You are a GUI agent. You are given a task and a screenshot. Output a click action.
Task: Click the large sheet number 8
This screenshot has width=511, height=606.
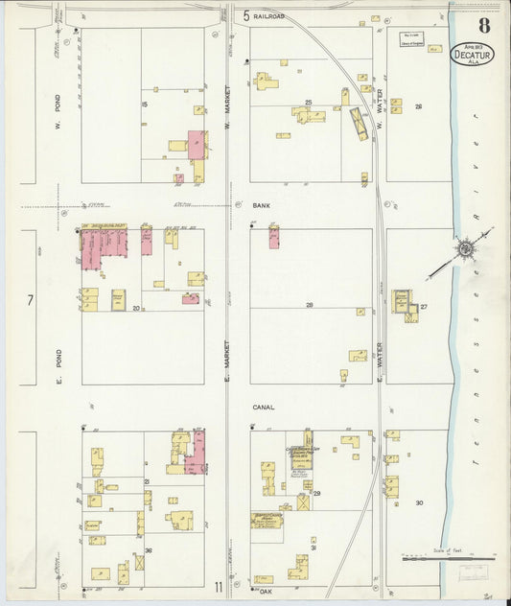tap(485, 26)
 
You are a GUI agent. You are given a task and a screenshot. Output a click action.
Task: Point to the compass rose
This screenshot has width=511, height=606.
tap(465, 250)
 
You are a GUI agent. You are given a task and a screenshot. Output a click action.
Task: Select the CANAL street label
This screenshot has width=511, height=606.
tap(264, 407)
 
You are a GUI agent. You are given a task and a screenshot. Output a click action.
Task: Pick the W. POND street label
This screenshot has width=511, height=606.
tap(58, 112)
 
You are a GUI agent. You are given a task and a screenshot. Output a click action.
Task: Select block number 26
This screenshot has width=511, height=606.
tap(419, 106)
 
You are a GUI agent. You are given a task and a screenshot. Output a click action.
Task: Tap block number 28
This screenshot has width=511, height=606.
tap(310, 304)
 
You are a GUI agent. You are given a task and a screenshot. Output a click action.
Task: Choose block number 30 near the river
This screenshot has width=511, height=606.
tap(419, 502)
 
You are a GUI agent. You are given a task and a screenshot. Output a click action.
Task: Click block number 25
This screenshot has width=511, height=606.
tap(309, 102)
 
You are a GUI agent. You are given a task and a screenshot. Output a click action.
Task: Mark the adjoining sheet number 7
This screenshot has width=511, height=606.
tap(30, 300)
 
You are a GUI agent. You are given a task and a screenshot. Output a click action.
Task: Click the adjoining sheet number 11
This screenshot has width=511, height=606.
tap(220, 586)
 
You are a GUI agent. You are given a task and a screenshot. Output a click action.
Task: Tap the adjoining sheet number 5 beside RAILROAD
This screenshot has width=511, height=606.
tap(246, 16)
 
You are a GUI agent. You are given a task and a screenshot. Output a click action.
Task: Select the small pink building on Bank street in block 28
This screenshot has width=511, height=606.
tap(274, 237)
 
